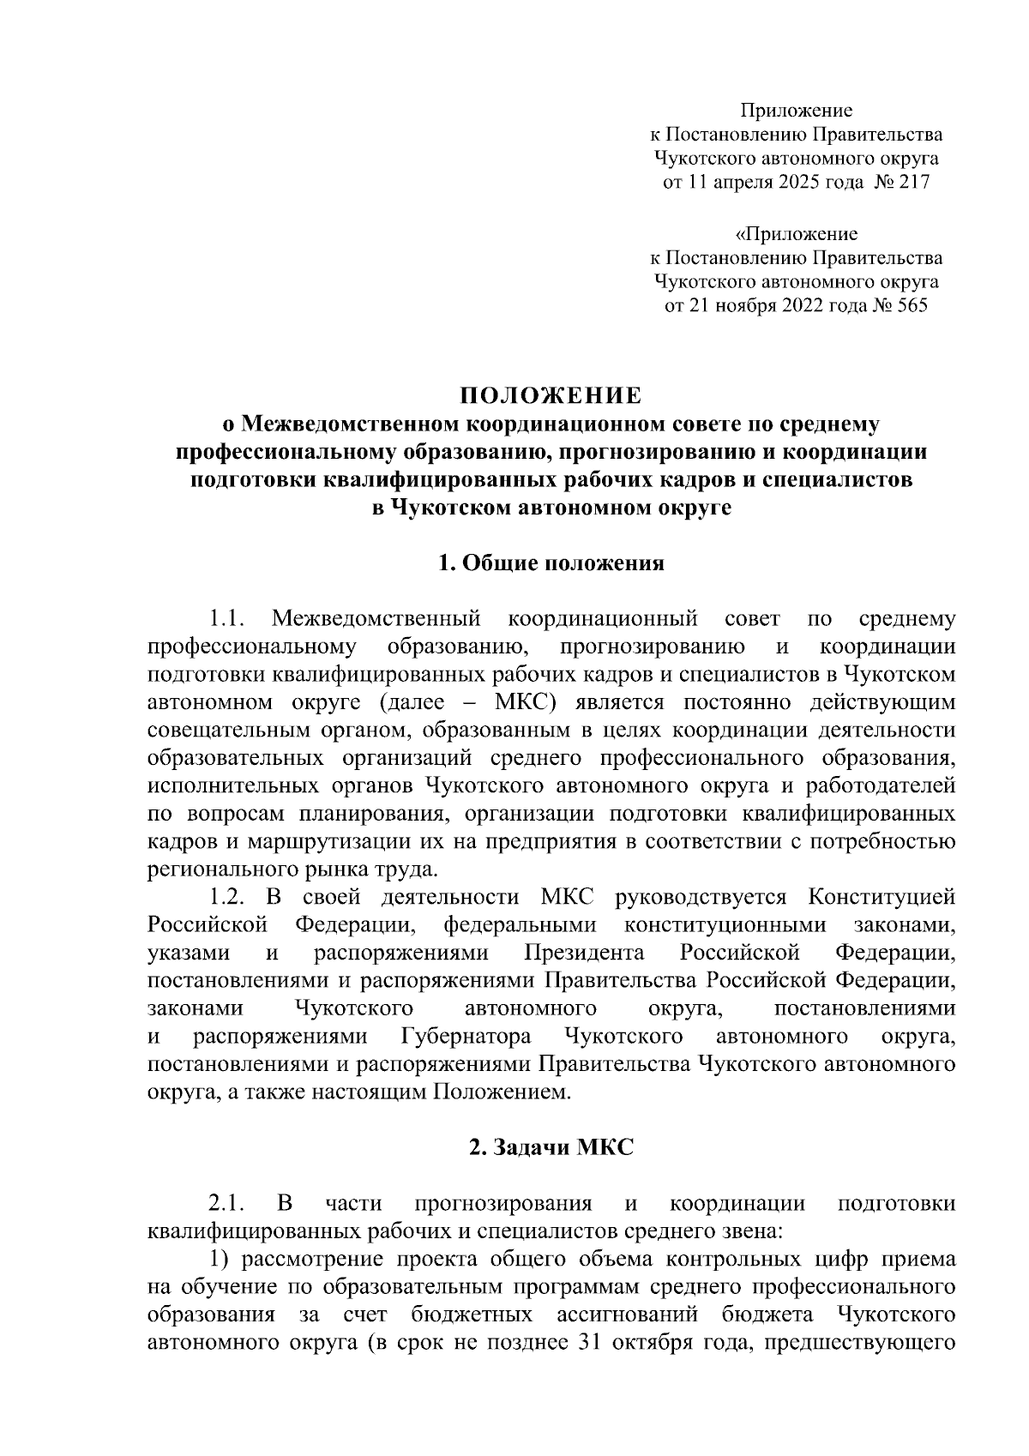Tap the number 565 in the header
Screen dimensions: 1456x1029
point(910,306)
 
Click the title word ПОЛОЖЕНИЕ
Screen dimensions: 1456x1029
point(551,395)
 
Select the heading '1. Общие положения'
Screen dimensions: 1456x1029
point(551,563)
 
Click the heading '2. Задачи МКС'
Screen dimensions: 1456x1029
point(551,1148)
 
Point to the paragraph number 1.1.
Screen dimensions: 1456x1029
point(229,618)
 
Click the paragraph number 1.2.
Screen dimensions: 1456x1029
point(229,897)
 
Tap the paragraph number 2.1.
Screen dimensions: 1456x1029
point(229,1204)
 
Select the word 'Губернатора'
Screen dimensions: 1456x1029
point(466,1037)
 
